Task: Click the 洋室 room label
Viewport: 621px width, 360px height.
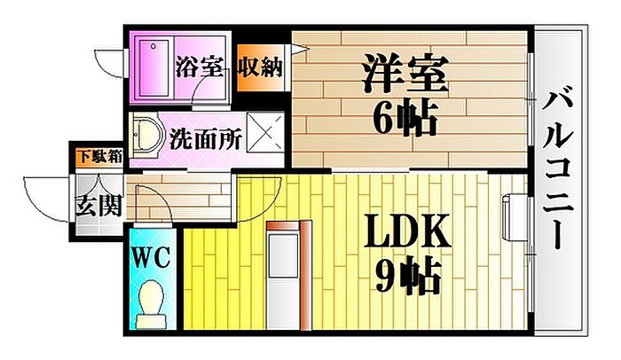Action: pyautogui.click(x=405, y=74)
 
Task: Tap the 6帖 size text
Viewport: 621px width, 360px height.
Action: pyautogui.click(x=405, y=118)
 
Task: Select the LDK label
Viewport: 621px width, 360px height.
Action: pyautogui.click(x=407, y=231)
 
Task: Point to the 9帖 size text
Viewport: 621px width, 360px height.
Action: pyautogui.click(x=408, y=276)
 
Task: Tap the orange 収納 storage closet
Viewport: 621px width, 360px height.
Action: pyautogui.click(x=260, y=67)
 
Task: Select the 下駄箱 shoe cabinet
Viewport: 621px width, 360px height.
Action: pyautogui.click(x=99, y=157)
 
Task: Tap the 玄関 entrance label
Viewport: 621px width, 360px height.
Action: pyautogui.click(x=98, y=206)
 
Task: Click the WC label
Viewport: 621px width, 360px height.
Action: pyautogui.click(x=151, y=257)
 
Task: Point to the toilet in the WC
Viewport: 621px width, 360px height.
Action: pyautogui.click(x=151, y=304)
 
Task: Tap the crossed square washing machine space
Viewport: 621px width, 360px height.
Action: pyautogui.click(x=266, y=132)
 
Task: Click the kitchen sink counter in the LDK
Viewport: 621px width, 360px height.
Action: pyautogui.click(x=283, y=275)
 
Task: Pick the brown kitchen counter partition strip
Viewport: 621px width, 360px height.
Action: pyautogui.click(x=305, y=275)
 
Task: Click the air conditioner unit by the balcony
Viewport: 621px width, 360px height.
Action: pyautogui.click(x=515, y=217)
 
